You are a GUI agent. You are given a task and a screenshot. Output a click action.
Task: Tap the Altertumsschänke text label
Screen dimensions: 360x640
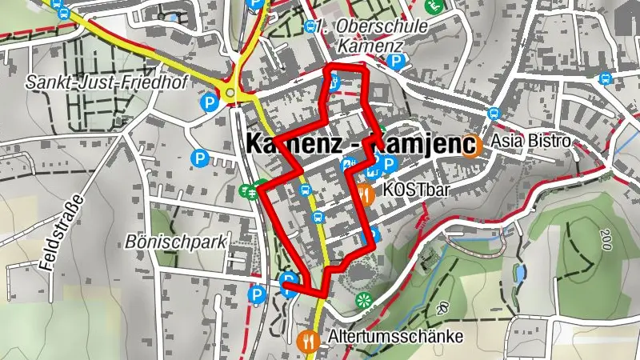(395, 337)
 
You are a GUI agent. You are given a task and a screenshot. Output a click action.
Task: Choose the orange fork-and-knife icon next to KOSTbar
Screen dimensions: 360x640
(364, 193)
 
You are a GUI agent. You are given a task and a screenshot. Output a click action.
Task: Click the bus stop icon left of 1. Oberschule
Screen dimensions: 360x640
(310, 26)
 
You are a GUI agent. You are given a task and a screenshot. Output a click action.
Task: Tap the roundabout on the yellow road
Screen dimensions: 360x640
(231, 94)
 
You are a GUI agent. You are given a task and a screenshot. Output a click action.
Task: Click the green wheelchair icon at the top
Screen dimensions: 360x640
(435, 6)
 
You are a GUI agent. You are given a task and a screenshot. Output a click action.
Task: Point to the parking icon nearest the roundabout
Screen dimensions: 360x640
(209, 102)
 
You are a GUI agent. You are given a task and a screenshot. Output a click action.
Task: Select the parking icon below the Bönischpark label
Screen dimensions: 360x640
(257, 296)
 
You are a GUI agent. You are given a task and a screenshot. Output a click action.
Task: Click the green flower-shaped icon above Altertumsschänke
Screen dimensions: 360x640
(365, 301)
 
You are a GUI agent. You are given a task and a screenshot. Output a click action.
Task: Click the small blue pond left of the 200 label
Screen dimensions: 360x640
(520, 276)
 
